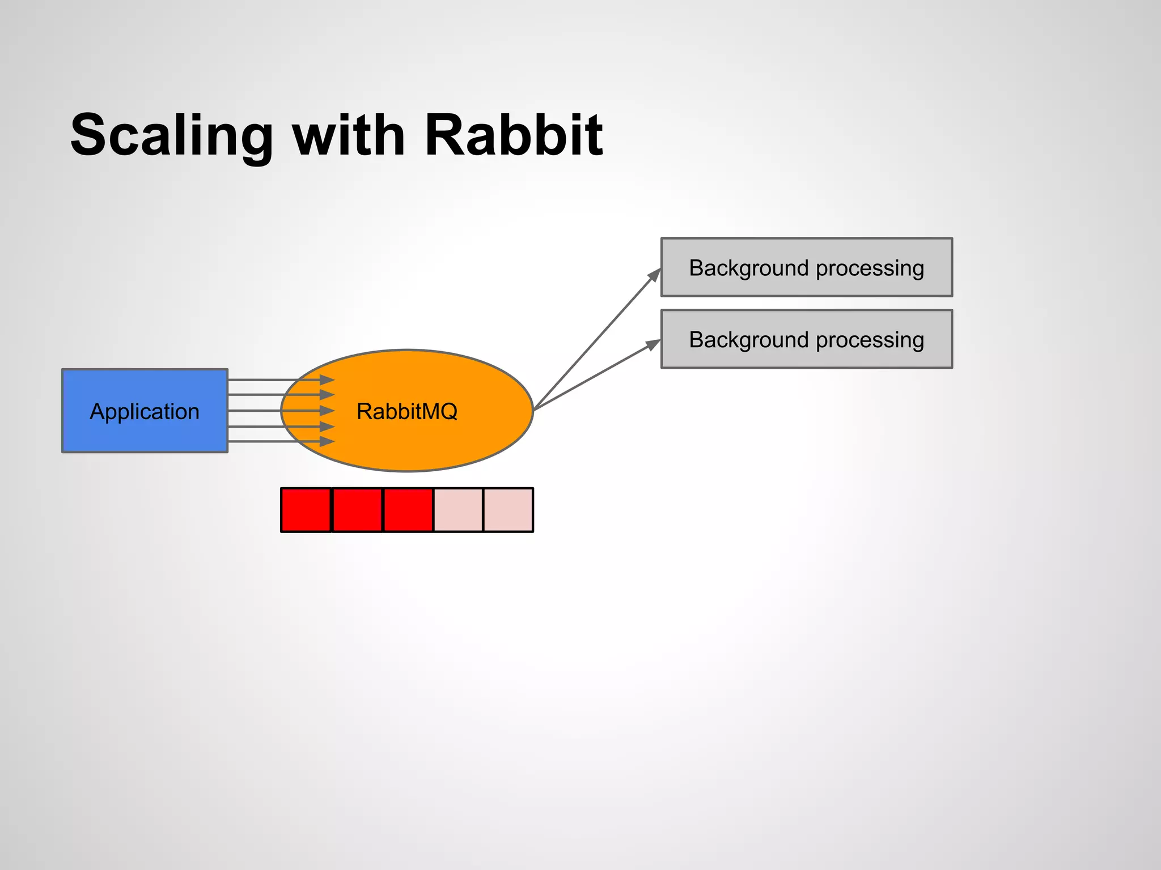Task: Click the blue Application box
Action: click(x=145, y=411)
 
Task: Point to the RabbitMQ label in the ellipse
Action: click(x=406, y=411)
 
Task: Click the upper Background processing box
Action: click(x=806, y=267)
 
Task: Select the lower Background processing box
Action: click(x=806, y=339)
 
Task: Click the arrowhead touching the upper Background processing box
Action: click(x=655, y=275)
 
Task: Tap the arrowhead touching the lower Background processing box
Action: click(x=654, y=344)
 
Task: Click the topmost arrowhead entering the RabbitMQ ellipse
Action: click(x=327, y=379)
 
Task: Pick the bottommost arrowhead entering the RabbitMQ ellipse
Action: click(x=327, y=441)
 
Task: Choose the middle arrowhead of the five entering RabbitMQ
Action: click(x=327, y=410)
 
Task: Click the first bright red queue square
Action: click(x=306, y=510)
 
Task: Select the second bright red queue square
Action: click(x=357, y=510)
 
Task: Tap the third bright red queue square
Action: click(x=408, y=510)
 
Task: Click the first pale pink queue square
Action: click(x=458, y=510)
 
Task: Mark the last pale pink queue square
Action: click(x=509, y=510)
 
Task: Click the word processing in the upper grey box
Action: click(x=870, y=268)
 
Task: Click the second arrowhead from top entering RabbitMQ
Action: click(x=327, y=394)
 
